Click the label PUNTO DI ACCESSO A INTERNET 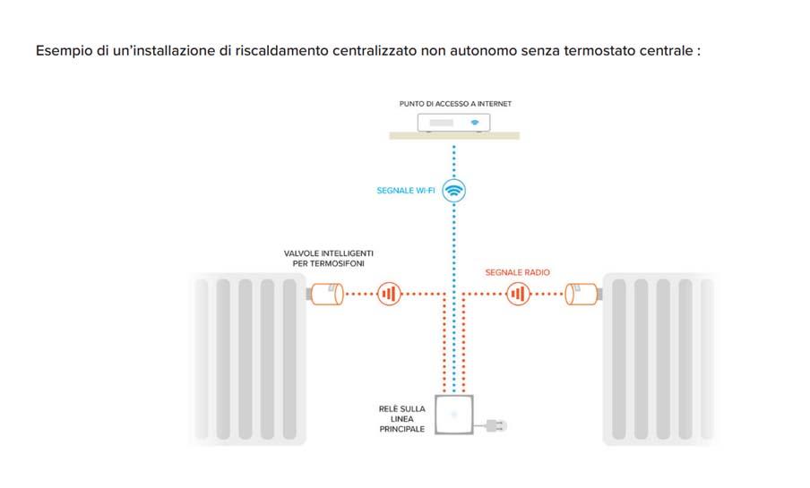[455, 104]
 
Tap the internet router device [454, 122]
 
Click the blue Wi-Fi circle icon [455, 190]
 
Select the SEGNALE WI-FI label [406, 191]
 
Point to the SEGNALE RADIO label [518, 271]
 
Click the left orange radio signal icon [388, 293]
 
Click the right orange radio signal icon [518, 293]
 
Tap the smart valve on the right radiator [582, 293]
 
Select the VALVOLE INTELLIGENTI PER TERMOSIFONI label [323, 260]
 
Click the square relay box [454, 415]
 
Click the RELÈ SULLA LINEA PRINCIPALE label [402, 418]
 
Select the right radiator [660, 358]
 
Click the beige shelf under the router [454, 136]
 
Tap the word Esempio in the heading [64, 51]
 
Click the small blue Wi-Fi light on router [476, 122]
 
